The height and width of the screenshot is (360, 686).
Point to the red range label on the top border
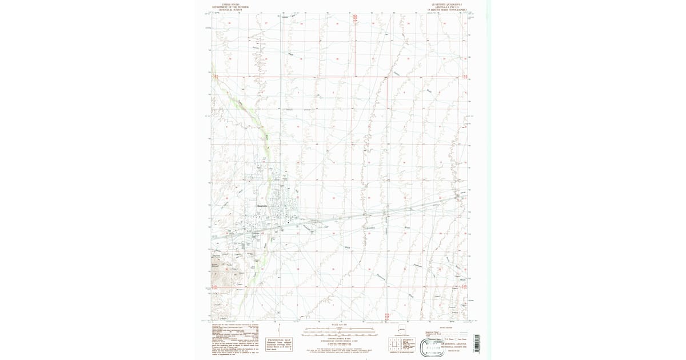(354, 18)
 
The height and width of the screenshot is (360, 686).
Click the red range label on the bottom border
(388, 315)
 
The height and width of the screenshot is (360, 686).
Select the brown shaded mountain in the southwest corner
(225, 274)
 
